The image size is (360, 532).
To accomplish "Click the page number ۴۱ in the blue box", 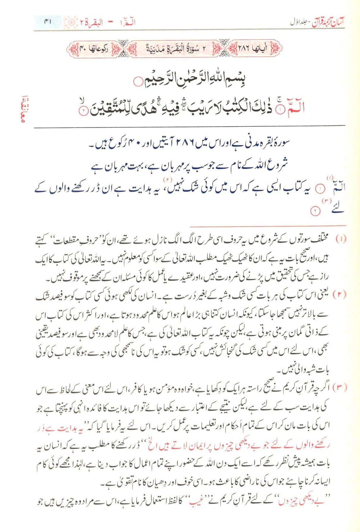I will [48, 22].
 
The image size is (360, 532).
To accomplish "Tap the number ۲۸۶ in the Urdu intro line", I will [186, 144].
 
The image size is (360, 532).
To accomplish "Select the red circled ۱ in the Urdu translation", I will [320, 189].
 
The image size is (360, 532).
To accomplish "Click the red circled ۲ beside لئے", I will [314, 211].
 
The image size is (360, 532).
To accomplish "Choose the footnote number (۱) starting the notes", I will [341, 239].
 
